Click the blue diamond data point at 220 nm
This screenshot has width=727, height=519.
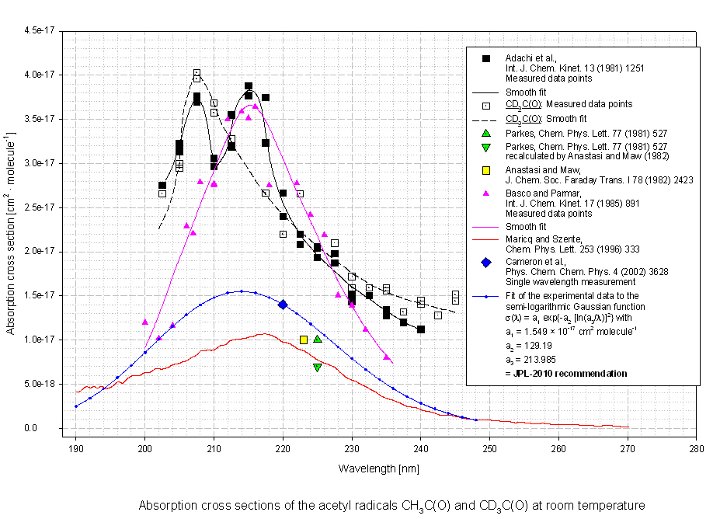click(x=283, y=305)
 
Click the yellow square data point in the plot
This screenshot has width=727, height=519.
click(x=304, y=340)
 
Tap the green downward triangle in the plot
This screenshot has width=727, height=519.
click(x=318, y=367)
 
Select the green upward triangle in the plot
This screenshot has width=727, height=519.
click(x=318, y=339)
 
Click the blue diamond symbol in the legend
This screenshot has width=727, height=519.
click(x=486, y=263)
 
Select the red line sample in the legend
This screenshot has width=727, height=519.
click(x=486, y=239)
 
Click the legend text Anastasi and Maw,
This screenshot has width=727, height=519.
click(x=541, y=170)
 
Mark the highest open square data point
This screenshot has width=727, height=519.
click(x=197, y=73)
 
